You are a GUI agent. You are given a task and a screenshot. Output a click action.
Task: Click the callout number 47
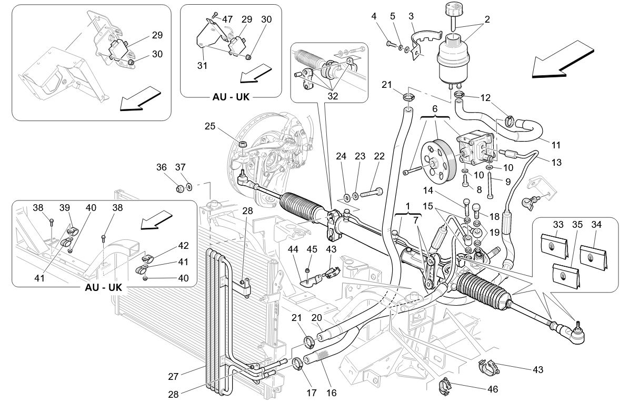pos(228,19)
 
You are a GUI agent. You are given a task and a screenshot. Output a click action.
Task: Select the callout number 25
pos(211,127)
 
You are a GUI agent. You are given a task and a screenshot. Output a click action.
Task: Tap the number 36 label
pos(162,167)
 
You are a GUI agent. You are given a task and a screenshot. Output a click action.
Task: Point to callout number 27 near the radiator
pos(174,376)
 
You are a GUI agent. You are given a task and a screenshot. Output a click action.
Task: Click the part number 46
pos(493,390)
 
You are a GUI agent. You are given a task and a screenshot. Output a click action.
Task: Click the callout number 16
pos(332,393)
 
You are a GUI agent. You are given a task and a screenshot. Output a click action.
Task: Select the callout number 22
pos(380,157)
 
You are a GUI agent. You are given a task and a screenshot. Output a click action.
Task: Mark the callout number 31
pos(202,66)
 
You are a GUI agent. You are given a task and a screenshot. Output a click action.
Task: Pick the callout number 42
pos(183,246)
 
